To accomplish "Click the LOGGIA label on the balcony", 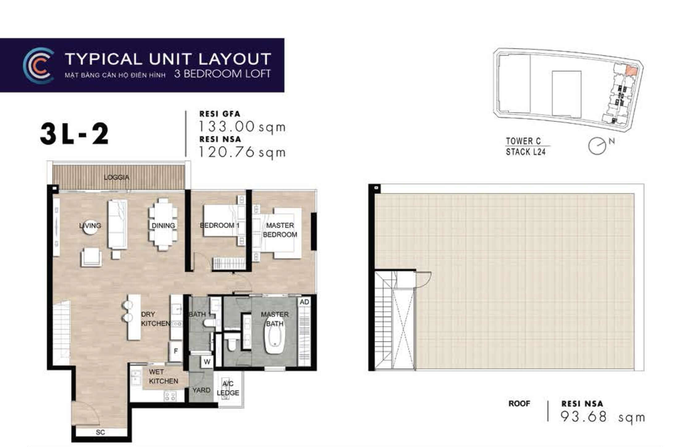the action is (116, 177).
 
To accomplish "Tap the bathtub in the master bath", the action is (274, 339).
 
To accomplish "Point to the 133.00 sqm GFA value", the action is (242, 127).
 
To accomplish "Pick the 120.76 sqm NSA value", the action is (242, 152).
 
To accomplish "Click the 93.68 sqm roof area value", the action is (603, 417).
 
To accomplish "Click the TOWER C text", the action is (523, 141).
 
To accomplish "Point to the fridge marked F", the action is (176, 351).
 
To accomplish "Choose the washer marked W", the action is (207, 362).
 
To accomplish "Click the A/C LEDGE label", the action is (228, 388).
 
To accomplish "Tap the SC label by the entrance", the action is (100, 432).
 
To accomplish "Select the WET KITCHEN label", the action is (163, 377).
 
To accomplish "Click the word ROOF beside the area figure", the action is (519, 404).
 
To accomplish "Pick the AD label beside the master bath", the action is (304, 302).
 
